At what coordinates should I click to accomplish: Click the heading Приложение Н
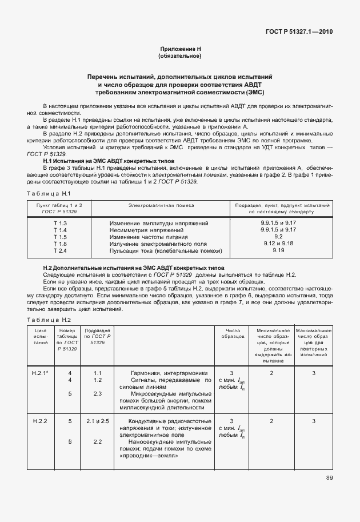(180, 50)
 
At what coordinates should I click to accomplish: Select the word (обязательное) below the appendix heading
(180, 57)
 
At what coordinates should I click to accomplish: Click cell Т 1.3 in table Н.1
(61, 222)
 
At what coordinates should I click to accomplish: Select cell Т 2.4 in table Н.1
(61, 250)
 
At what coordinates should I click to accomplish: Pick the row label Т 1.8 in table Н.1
(61, 244)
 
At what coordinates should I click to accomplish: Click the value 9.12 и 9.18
(278, 243)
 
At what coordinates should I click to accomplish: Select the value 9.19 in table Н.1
(278, 250)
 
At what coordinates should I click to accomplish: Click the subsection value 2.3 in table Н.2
(97, 393)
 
